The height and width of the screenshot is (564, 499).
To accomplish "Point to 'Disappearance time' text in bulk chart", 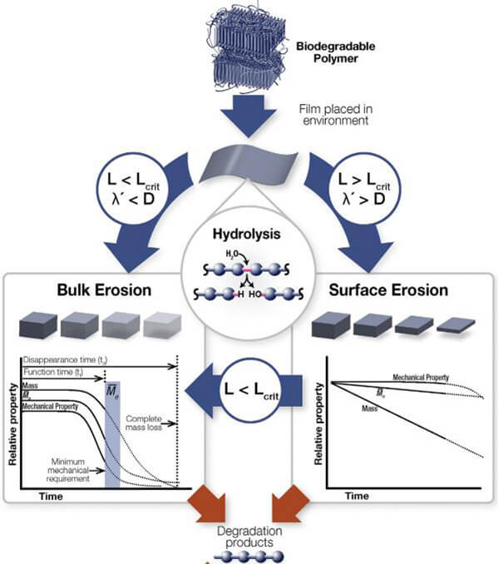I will coord(64,359).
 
